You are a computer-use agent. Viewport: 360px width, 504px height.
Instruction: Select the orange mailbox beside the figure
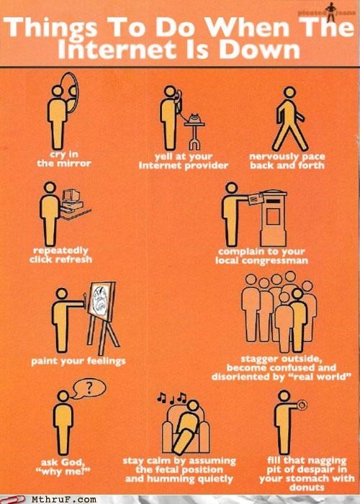click(273, 219)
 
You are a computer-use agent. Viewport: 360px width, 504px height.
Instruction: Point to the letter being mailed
click(256, 199)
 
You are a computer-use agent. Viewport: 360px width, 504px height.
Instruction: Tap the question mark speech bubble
click(88, 388)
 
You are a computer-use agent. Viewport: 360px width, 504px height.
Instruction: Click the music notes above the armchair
click(171, 398)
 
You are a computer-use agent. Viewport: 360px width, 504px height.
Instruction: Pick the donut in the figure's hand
click(302, 405)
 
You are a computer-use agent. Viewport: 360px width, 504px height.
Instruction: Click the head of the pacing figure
click(289, 92)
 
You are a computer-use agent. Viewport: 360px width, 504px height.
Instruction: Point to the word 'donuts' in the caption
click(307, 487)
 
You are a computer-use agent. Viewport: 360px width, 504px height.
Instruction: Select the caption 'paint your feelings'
click(78, 361)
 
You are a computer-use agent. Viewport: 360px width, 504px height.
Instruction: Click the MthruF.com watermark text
click(64, 500)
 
